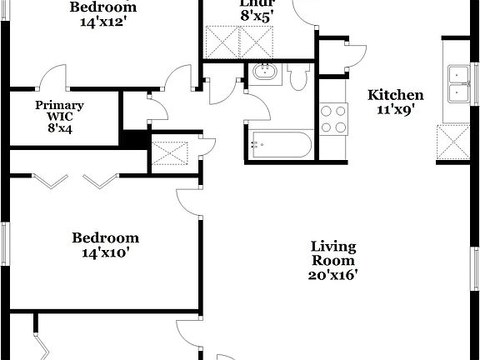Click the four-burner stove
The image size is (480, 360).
click(x=334, y=118)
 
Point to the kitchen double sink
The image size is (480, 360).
click(x=458, y=82)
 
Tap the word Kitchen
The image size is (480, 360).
click(x=396, y=95)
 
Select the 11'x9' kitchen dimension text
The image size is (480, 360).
click(x=396, y=109)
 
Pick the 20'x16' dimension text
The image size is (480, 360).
click(x=333, y=275)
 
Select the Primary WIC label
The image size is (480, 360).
click(x=59, y=111)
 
